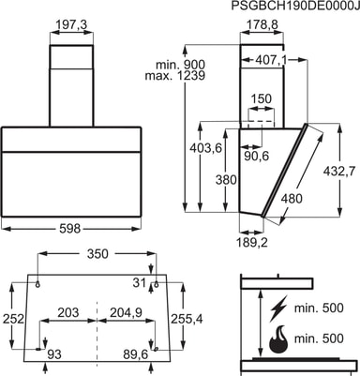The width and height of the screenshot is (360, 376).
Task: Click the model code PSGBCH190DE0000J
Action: click(295, 6)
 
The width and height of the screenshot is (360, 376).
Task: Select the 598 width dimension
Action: click(70, 229)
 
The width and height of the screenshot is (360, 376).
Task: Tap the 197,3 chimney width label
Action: click(71, 25)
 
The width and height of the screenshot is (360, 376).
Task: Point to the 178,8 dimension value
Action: click(262, 24)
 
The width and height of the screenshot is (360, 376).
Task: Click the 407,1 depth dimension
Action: click(271, 60)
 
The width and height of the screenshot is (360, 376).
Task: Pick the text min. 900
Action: click(181, 65)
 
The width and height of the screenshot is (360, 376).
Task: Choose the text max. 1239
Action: click(175, 75)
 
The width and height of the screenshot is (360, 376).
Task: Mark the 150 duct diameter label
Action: click(262, 98)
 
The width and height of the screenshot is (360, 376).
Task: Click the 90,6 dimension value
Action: click(256, 156)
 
